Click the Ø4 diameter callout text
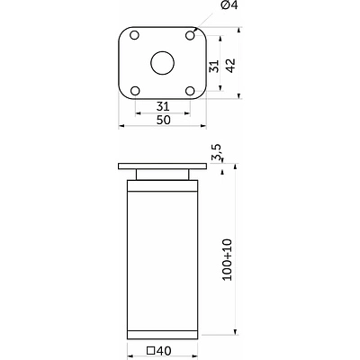pyautogui.click(x=229, y=5)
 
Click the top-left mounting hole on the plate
pyautogui.click(x=134, y=35)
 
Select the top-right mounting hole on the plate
pyautogui.click(x=190, y=35)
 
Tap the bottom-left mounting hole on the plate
pyautogui.click(x=135, y=91)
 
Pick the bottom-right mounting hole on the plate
pyautogui.click(x=190, y=91)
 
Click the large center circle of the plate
pyautogui.click(x=162, y=63)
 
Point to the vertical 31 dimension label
pyautogui.click(x=214, y=66)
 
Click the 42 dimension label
pyautogui.click(x=230, y=66)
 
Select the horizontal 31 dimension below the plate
pyautogui.click(x=163, y=106)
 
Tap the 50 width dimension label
pyautogui.click(x=164, y=120)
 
